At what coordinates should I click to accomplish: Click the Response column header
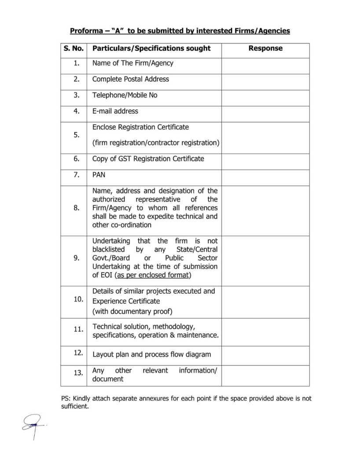[265, 48]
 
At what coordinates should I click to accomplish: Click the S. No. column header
[73, 48]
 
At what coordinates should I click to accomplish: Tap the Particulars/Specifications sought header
[151, 48]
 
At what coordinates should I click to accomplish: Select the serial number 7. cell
[77, 175]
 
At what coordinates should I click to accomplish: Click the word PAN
[99, 175]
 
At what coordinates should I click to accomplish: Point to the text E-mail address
[115, 111]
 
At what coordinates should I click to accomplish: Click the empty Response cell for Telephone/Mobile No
[265, 96]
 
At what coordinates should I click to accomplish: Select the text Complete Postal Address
[130, 79]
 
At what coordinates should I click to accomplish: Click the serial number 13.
[78, 373]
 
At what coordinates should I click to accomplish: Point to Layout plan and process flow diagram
[151, 355]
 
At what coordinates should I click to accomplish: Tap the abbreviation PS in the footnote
[65, 399]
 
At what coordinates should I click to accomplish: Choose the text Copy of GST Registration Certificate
[148, 159]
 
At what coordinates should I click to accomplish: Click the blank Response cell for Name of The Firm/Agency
[265, 63]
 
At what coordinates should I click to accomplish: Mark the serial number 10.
[78, 299]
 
